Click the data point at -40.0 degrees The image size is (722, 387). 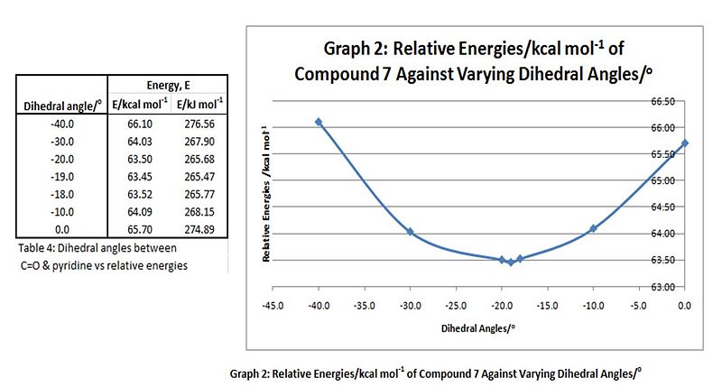click(x=319, y=122)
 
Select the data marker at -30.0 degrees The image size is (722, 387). click(x=410, y=232)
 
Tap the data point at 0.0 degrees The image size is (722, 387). click(x=685, y=143)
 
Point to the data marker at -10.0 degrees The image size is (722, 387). click(x=593, y=228)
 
